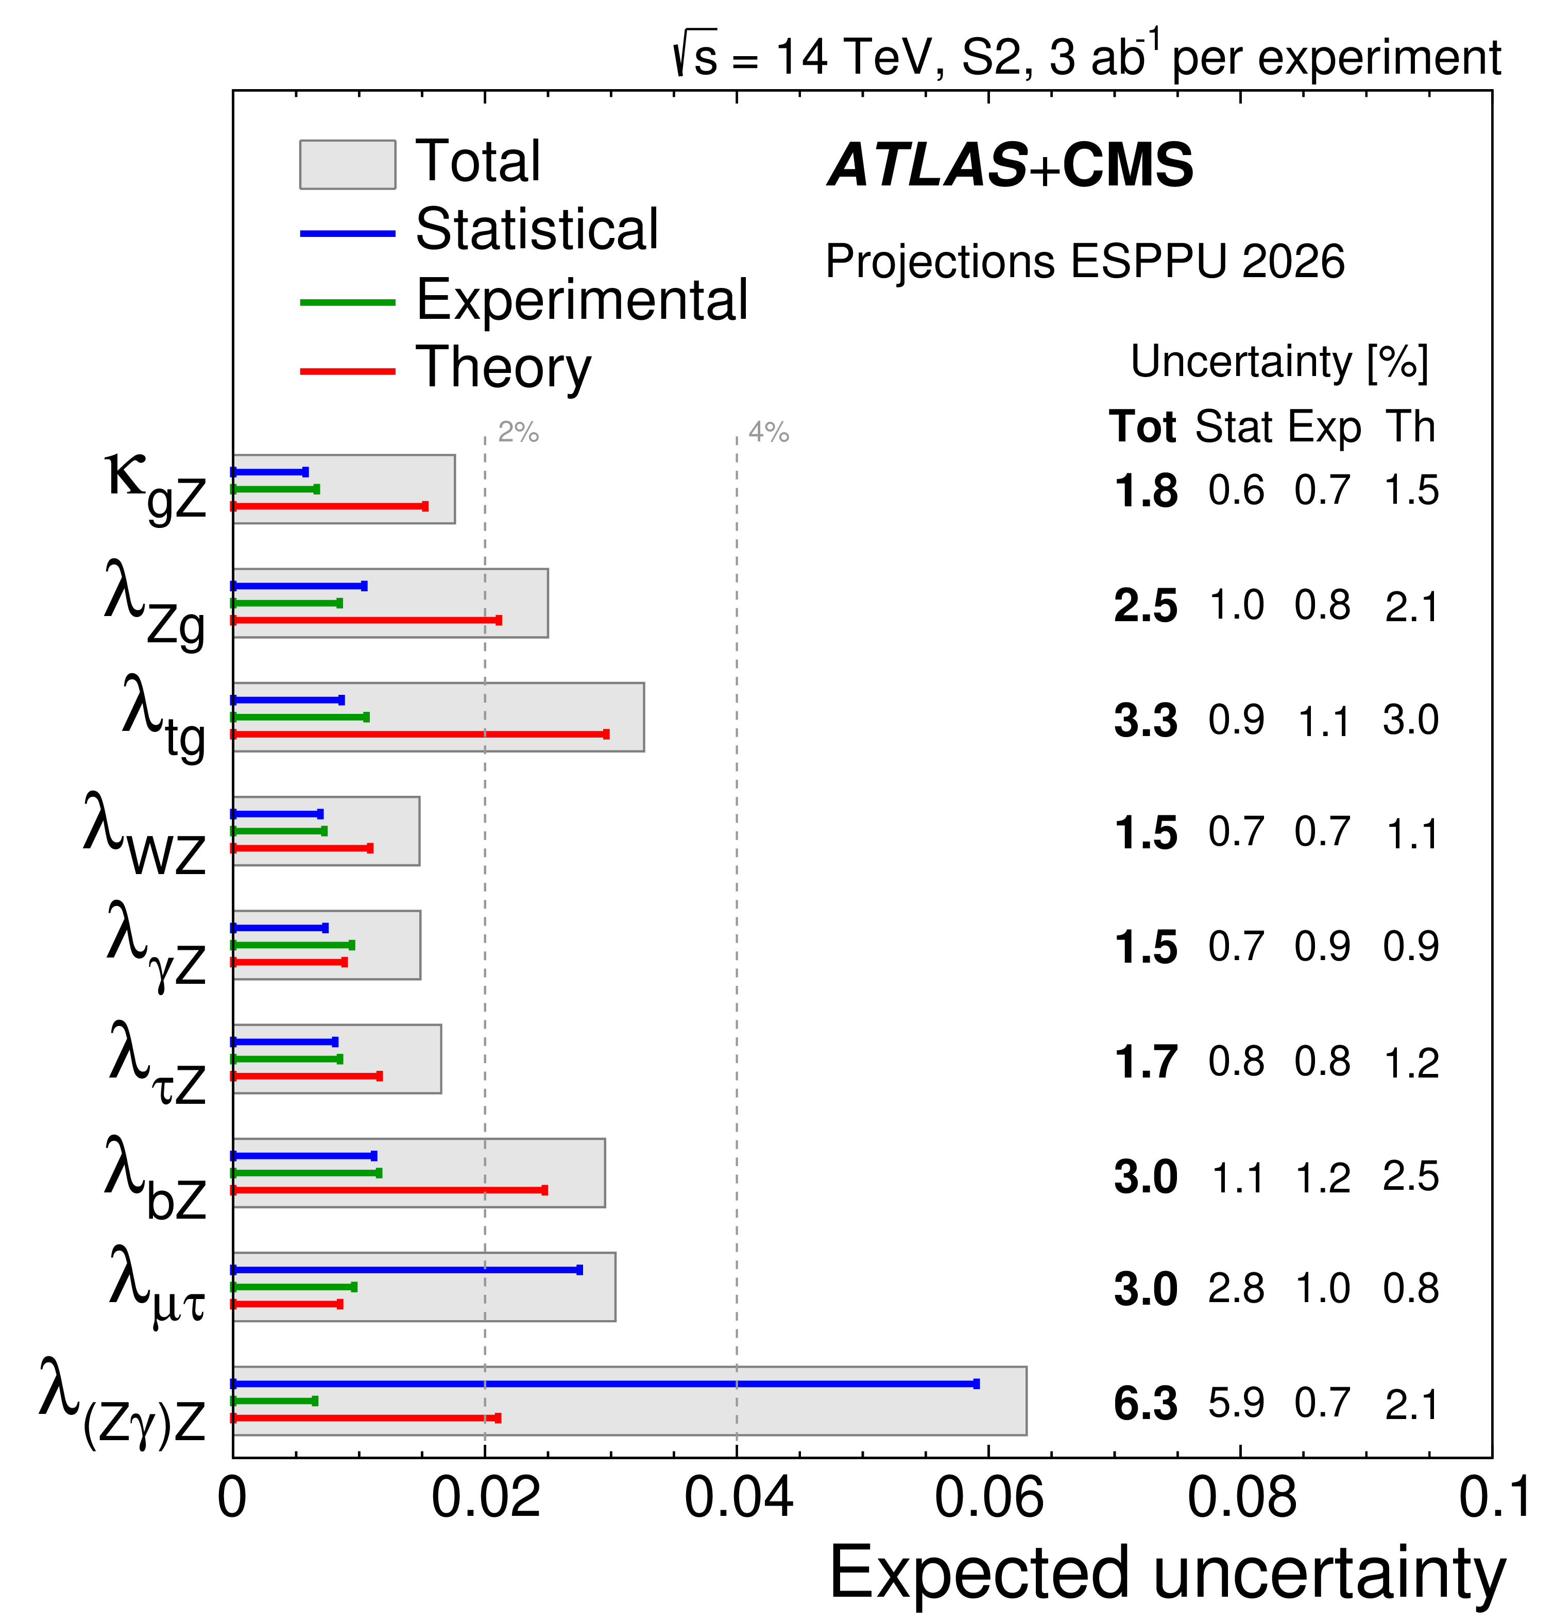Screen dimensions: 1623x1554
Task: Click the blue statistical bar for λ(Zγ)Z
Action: [x=604, y=1383]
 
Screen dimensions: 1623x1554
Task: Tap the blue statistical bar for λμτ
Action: [x=406, y=1270]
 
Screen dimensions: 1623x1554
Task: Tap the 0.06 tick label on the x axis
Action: [x=988, y=1497]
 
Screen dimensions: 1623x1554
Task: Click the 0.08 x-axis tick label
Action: [x=1241, y=1497]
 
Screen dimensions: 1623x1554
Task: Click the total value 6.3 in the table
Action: [x=1145, y=1404]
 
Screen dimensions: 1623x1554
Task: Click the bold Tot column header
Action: [x=1142, y=428]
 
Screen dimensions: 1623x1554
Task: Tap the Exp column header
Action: [x=1324, y=428]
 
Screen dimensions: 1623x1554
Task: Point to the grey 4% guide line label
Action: [x=769, y=432]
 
